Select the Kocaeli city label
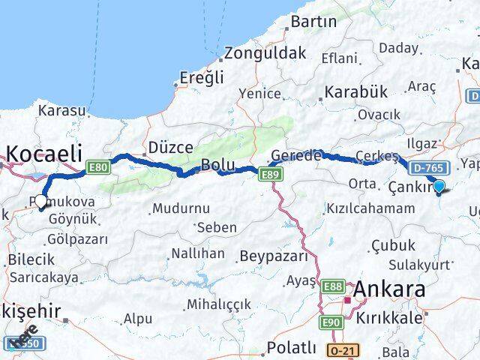tap(44, 154)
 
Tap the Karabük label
tap(356, 92)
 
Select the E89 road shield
tap(271, 175)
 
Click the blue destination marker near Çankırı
tap(439, 187)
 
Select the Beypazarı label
tap(274, 256)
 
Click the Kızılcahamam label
tap(370, 208)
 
